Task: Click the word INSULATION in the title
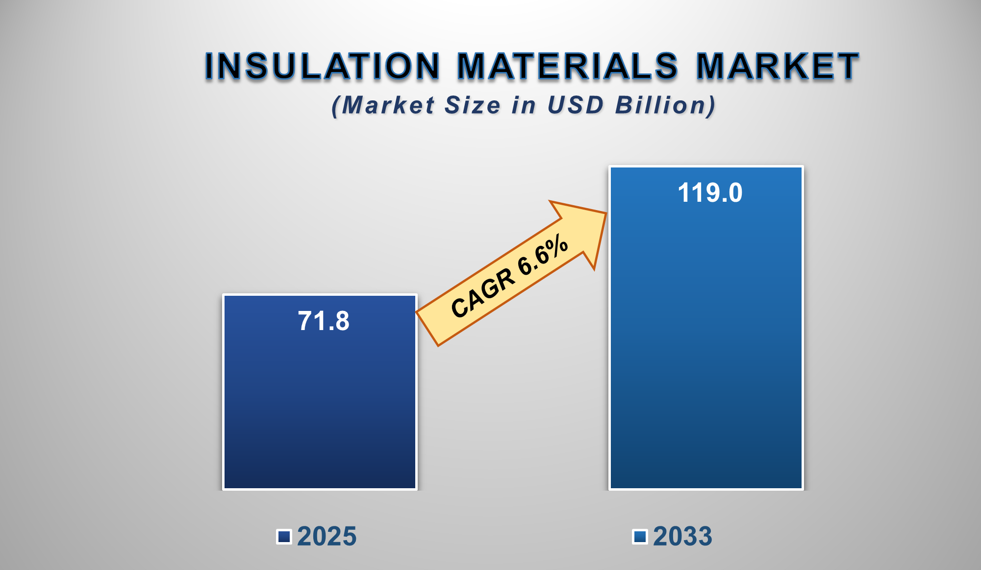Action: click(322, 66)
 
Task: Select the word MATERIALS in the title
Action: click(568, 66)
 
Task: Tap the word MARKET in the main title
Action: click(777, 66)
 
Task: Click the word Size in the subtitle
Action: click(472, 105)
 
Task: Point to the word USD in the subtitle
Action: click(575, 105)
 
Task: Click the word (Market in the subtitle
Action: click(383, 105)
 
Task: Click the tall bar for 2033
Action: click(706, 343)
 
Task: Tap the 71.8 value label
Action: click(324, 321)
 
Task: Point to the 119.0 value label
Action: click(710, 192)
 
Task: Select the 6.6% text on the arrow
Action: click(543, 255)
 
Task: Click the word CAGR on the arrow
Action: click(483, 293)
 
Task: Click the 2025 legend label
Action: click(327, 536)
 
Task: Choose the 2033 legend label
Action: click(682, 536)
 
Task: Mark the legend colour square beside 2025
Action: click(284, 537)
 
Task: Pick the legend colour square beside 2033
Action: click(640, 537)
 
